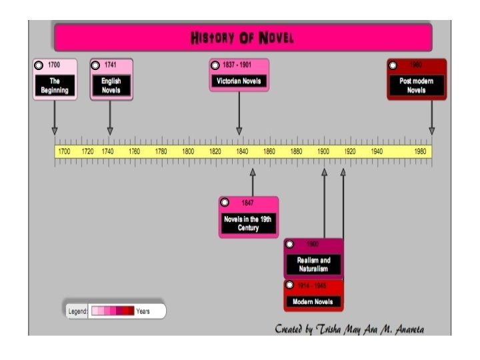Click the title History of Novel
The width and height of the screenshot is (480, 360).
pos(242,37)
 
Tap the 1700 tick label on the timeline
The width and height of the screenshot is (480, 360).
pos(64,151)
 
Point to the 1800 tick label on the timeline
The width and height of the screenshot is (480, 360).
pos(188,151)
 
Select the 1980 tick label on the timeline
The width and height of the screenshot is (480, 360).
pos(421,151)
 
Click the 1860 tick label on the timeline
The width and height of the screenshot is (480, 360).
pos(269,151)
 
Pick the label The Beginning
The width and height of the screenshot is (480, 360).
pos(55,85)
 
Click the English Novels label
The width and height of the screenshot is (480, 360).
pos(111,85)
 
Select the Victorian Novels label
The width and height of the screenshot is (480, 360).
pos(239,81)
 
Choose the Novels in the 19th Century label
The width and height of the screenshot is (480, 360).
pos(248,223)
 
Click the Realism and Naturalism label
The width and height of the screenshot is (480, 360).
pos(313,264)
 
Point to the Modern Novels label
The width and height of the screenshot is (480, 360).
pos(313,302)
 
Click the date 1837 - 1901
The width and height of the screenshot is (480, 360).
pos(239,65)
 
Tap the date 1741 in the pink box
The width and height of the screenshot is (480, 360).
pos(111,65)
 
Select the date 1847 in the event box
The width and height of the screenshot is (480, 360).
pos(247,202)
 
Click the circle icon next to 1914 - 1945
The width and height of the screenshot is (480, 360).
pos(289,285)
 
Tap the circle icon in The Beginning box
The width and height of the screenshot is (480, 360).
pos(39,65)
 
